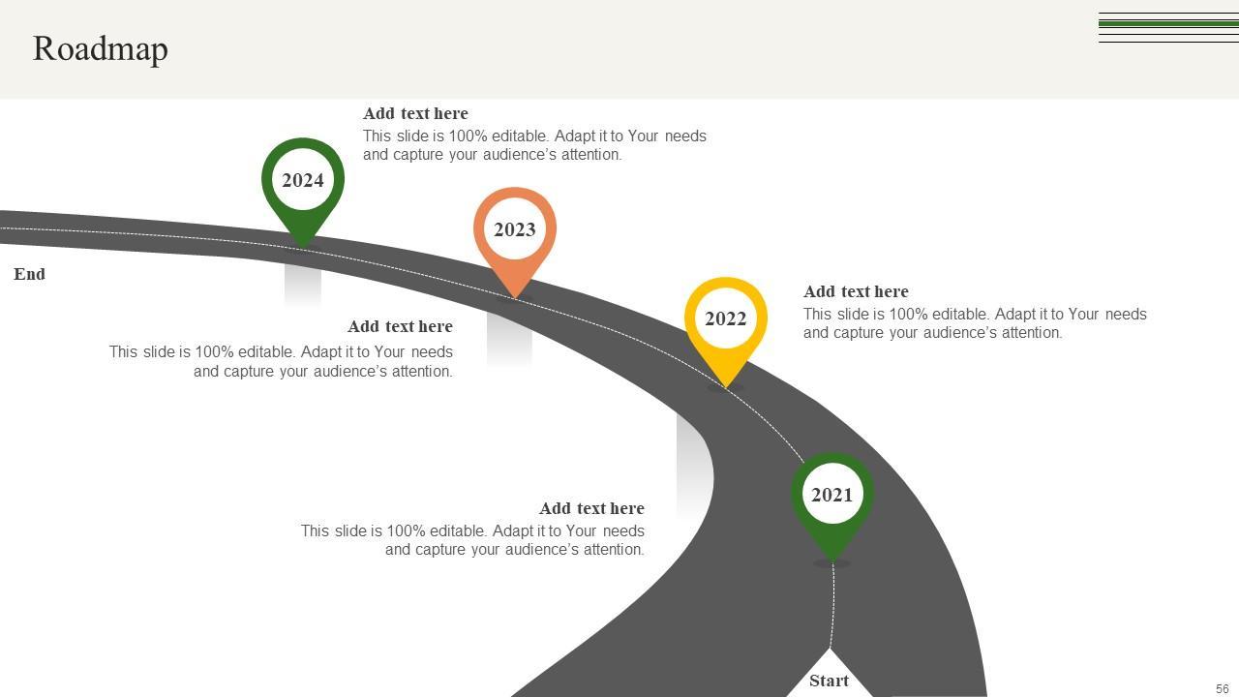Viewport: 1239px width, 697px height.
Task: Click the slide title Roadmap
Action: click(101, 48)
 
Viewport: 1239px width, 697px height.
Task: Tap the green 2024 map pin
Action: click(303, 181)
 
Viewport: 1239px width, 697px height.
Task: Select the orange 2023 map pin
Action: click(515, 230)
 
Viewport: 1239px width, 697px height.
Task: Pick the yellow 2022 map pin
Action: click(726, 319)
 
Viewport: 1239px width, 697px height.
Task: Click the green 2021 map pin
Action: click(832, 496)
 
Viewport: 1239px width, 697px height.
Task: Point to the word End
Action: click(29, 274)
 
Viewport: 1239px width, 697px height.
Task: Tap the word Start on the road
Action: click(829, 681)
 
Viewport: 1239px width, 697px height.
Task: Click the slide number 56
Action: click(1222, 689)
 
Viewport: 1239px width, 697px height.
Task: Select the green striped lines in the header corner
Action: click(1168, 27)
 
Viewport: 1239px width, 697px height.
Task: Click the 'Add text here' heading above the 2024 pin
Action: click(415, 113)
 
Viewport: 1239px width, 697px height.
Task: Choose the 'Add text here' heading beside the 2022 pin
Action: click(856, 291)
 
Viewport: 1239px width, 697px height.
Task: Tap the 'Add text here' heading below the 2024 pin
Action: click(400, 326)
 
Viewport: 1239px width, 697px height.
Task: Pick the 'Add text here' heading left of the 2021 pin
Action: click(591, 508)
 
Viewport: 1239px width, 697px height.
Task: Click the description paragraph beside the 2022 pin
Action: click(974, 323)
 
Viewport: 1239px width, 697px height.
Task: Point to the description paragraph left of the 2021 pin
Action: click(472, 540)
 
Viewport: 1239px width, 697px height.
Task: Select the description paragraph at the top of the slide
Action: click(534, 145)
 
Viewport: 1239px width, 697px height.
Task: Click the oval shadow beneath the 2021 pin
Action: click(832, 563)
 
